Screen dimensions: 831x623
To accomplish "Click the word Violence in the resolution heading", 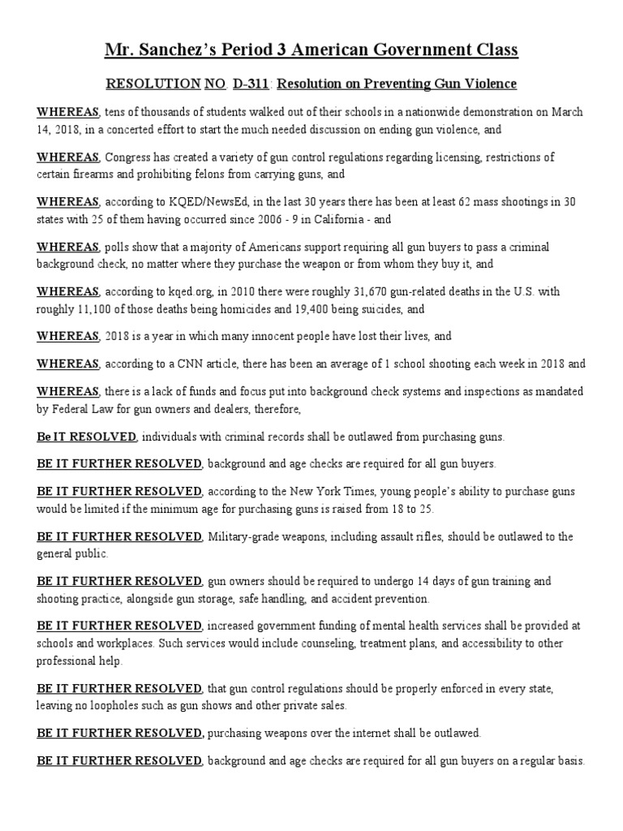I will pyautogui.click(x=491, y=84).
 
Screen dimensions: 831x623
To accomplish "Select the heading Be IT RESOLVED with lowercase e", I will pyautogui.click(x=86, y=437).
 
